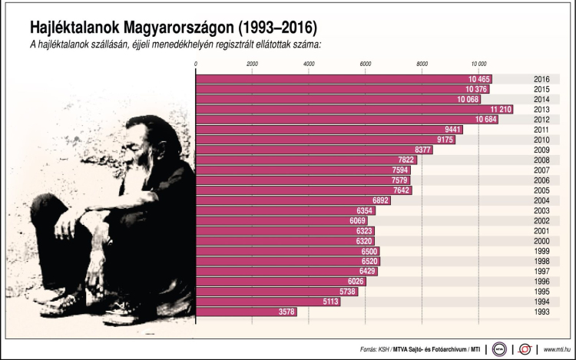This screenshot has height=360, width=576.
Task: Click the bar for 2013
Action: (x=353, y=109)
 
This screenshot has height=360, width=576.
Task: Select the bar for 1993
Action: (x=246, y=312)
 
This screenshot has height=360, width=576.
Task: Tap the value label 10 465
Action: (x=478, y=79)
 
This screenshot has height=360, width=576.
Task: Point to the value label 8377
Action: (x=421, y=150)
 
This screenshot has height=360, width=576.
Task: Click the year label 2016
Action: (x=541, y=79)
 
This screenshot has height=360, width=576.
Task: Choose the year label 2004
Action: (x=541, y=200)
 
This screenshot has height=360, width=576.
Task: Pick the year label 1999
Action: (x=541, y=251)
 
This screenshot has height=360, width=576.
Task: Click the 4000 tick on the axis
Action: (x=309, y=64)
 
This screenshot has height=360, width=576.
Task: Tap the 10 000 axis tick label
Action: (x=478, y=64)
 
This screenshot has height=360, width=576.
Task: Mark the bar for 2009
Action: (x=314, y=150)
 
